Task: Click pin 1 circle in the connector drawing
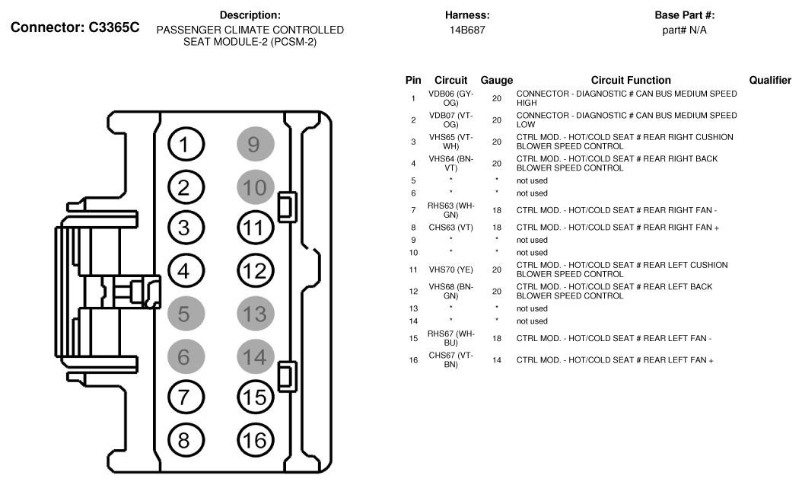click(183, 143)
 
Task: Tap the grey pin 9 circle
click(253, 143)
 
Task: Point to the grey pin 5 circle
click(183, 312)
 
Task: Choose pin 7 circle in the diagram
click(183, 397)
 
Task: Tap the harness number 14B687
click(467, 30)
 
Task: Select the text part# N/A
click(684, 30)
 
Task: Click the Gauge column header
click(496, 80)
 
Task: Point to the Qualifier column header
click(770, 80)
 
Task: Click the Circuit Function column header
click(631, 80)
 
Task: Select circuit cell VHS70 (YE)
click(450, 269)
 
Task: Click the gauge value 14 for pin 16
click(496, 359)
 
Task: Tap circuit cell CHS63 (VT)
click(450, 227)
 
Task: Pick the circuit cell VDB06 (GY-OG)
click(450, 98)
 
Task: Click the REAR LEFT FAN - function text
click(613, 338)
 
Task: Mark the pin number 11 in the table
click(413, 269)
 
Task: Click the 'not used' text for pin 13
click(532, 308)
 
